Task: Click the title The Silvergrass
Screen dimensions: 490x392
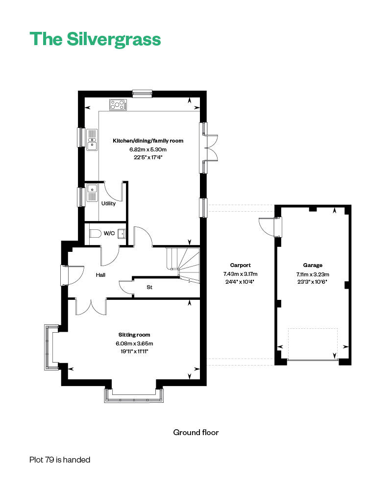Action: (95, 39)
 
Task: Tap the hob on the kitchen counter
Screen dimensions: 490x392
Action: (118, 104)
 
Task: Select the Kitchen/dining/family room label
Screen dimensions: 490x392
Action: (148, 141)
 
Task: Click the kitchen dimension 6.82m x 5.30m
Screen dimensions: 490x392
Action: (148, 149)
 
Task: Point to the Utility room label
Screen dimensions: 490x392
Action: (108, 203)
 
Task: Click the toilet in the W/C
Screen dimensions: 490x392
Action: (95, 234)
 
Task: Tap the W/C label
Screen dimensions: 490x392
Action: (109, 233)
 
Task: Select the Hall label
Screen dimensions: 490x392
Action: (100, 275)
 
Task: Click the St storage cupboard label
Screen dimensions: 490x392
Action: (149, 287)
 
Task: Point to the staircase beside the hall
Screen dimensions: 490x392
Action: (184, 265)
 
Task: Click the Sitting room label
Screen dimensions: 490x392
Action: (134, 335)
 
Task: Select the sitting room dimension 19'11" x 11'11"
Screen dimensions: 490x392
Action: (134, 351)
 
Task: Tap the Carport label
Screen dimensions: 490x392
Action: (240, 265)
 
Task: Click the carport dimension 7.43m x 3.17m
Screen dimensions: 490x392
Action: (240, 274)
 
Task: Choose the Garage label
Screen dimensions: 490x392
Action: (313, 265)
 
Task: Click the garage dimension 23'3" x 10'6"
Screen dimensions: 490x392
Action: (313, 282)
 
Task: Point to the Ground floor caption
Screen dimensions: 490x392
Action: (196, 432)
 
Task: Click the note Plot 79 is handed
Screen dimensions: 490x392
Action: (60, 460)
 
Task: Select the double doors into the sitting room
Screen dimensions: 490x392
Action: (91, 306)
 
